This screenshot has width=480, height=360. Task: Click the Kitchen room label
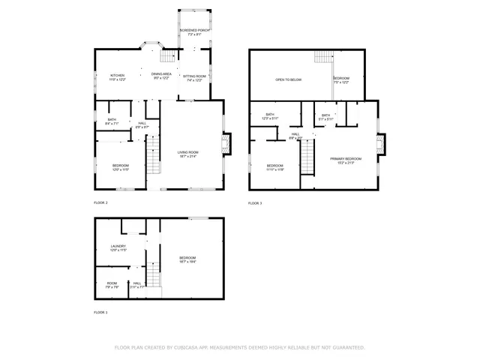[x=118, y=76]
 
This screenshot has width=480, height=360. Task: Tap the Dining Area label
[x=161, y=75]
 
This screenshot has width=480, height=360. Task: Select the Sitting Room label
[x=194, y=77]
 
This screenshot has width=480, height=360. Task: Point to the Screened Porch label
[x=194, y=32]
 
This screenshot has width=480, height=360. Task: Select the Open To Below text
[x=288, y=79]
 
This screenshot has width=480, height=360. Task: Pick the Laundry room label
[x=118, y=247]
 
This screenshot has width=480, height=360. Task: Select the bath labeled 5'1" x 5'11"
[x=326, y=117]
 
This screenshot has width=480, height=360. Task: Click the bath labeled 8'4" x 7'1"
[x=112, y=121]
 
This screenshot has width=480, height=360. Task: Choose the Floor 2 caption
[x=100, y=203]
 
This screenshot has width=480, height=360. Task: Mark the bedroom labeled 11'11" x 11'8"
[x=275, y=167]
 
